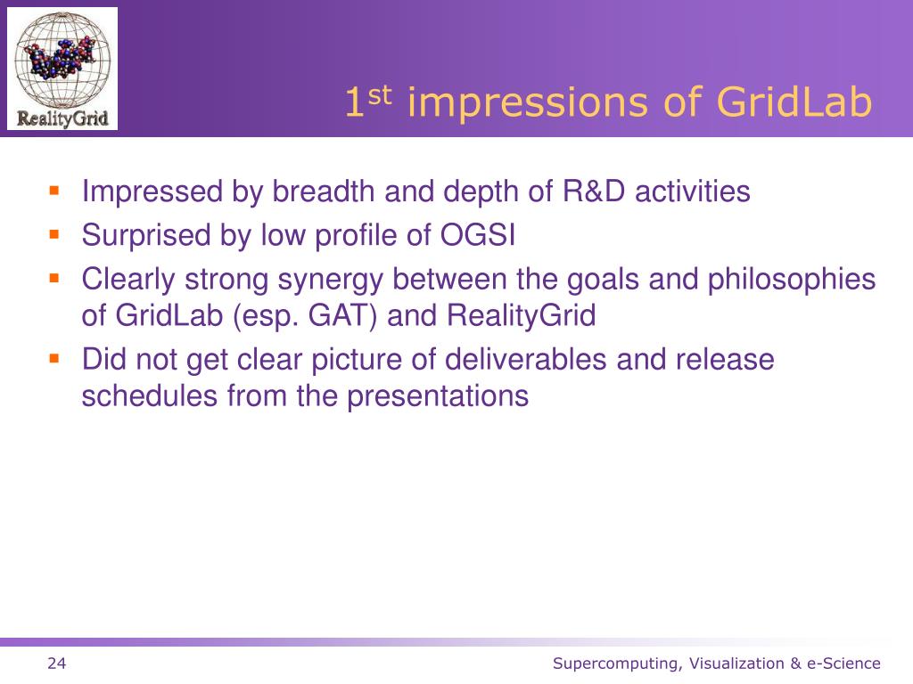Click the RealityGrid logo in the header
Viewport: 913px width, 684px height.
click(62, 69)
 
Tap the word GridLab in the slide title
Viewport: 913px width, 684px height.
click(794, 102)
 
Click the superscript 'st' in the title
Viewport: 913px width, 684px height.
click(380, 94)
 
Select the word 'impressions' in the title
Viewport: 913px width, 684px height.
click(528, 103)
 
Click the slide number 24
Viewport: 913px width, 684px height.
click(56, 664)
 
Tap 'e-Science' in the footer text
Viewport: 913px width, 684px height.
click(843, 664)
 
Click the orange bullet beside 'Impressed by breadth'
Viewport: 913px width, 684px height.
click(54, 191)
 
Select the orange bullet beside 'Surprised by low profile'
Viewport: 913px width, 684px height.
click(54, 234)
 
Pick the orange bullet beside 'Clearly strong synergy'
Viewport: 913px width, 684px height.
click(54, 278)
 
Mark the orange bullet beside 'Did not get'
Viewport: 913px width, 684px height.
click(54, 358)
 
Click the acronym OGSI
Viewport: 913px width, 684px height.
click(478, 235)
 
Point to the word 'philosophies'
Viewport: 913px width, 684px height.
click(792, 280)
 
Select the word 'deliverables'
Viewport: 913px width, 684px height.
click(526, 360)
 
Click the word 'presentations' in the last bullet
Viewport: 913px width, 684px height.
click(438, 397)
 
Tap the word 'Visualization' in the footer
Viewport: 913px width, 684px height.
click(736, 664)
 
